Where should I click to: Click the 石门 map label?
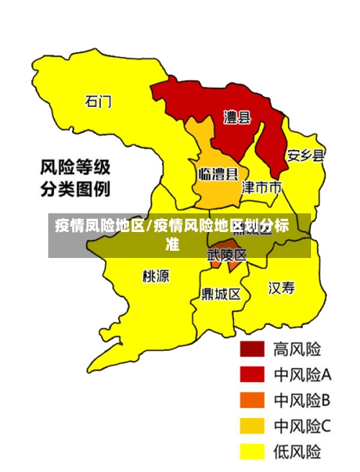[98, 102]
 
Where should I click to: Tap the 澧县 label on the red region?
[236, 117]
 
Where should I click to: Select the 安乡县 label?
[306, 156]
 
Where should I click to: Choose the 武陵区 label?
[227, 254]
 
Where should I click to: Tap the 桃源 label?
[156, 275]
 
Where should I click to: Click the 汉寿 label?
[282, 288]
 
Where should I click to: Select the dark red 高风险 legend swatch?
[252, 349]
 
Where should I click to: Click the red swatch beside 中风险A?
[252, 374]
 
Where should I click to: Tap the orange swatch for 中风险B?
[252, 400]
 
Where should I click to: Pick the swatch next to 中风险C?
[252, 426]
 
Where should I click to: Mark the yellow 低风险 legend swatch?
[252, 451]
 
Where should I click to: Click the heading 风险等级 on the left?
[74, 169]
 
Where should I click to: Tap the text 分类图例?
[74, 191]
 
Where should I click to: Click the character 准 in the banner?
[172, 245]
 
